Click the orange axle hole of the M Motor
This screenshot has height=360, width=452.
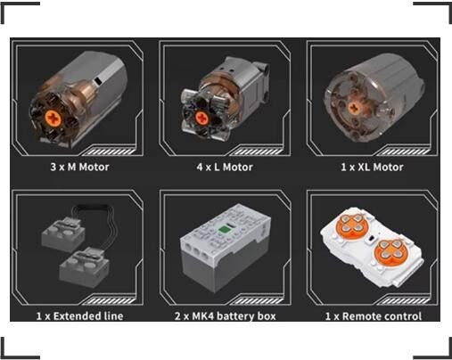[53, 118]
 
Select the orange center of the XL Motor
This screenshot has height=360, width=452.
[354, 108]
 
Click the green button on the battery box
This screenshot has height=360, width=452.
[225, 228]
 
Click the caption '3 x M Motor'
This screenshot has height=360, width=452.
[79, 167]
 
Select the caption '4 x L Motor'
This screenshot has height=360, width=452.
[225, 167]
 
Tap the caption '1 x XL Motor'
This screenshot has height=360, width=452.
[372, 167]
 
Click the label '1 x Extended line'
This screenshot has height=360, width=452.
[79, 316]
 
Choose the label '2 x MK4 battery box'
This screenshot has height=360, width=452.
[226, 316]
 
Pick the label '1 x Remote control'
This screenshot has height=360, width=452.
[374, 316]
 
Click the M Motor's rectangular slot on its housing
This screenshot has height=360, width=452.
[97, 80]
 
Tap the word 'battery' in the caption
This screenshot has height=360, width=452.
[235, 316]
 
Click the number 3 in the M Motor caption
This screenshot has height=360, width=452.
[53, 167]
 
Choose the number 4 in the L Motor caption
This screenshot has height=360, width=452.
[200, 167]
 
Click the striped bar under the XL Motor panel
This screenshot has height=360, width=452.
[405, 152]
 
